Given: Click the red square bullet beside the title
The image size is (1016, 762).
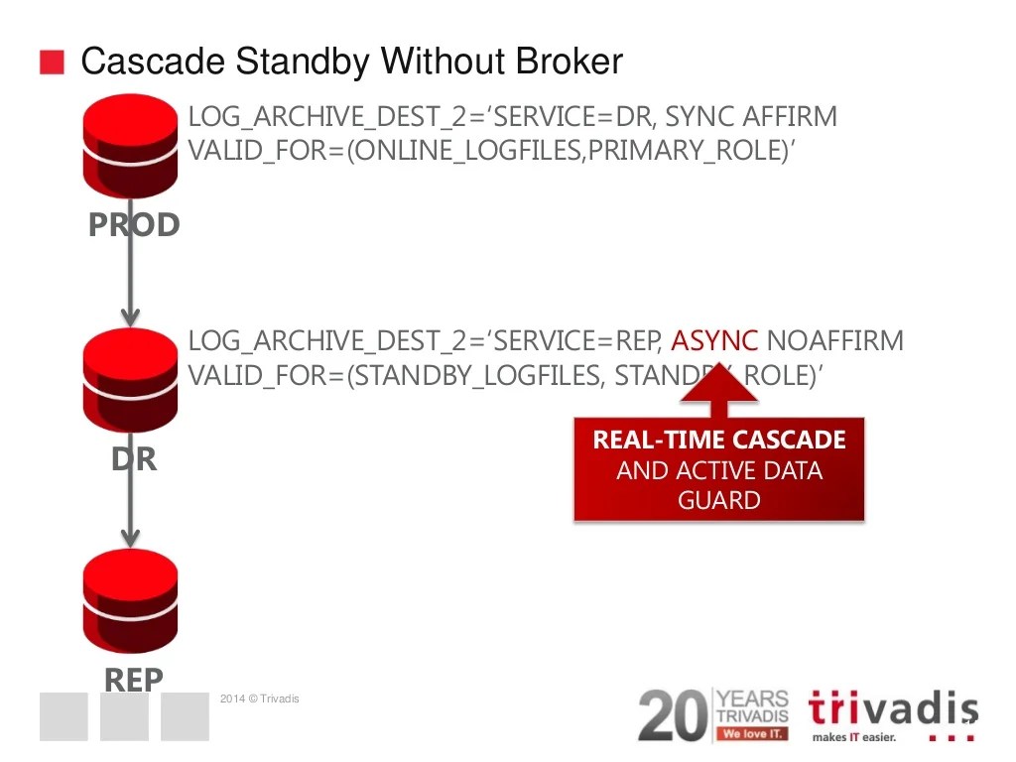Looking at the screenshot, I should (x=52, y=63).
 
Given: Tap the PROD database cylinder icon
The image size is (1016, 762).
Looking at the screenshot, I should (x=131, y=149).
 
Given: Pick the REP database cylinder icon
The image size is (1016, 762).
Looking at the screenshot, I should (x=131, y=599).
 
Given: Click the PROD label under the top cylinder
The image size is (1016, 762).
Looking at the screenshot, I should (x=134, y=225).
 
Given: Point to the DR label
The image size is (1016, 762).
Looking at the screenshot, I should (x=134, y=459).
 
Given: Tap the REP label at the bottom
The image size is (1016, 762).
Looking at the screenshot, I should (x=134, y=680).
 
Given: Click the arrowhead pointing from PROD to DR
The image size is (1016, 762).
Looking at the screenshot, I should (x=130, y=316).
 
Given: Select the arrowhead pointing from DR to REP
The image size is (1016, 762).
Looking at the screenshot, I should (x=130, y=536).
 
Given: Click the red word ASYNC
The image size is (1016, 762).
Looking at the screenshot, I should (x=714, y=342).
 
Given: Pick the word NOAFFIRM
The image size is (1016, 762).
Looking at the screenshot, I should (x=835, y=342).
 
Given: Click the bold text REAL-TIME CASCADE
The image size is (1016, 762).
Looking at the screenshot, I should (x=719, y=440).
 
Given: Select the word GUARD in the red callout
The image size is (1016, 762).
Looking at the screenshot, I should (x=719, y=500).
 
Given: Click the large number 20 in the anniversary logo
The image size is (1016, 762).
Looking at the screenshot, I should (x=673, y=714).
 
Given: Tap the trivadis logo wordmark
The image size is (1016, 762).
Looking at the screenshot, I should (x=892, y=709).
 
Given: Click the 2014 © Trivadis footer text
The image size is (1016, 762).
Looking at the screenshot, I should (x=259, y=699).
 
